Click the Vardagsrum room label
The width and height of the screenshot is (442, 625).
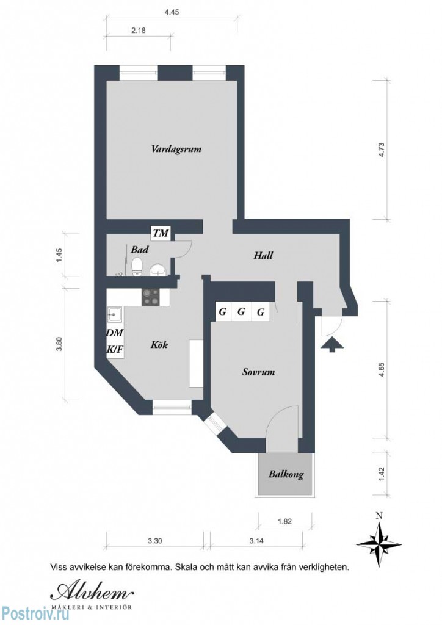tap(176, 148)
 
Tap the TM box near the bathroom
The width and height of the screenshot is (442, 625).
tap(161, 233)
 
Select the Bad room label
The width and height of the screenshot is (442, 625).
tap(140, 250)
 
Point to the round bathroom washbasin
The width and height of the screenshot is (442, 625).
tap(158, 269)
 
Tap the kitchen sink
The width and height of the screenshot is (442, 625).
tap(115, 316)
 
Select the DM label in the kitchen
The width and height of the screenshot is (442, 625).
tap(114, 333)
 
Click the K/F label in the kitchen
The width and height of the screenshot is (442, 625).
tap(114, 350)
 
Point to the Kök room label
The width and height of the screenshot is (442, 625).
tap(159, 345)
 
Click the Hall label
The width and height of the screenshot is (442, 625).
tap(263, 256)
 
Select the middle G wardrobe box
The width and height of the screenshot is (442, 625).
tap(241, 312)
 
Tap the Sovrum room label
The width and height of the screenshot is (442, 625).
tap(258, 372)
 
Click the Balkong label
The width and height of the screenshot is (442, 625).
tap(286, 474)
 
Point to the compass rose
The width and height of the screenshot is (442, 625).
tap(379, 541)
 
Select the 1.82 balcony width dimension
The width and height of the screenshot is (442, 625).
tap(284, 521)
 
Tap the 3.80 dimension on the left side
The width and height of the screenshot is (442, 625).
tap(59, 344)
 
